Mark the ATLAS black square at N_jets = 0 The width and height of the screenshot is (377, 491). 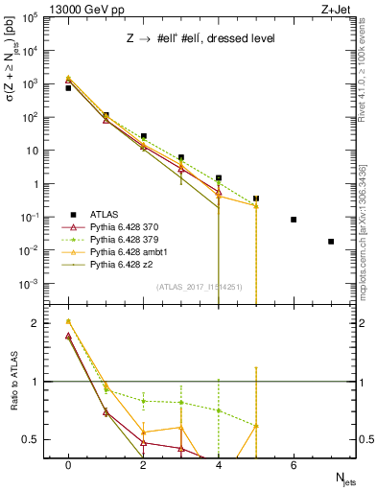[68, 88]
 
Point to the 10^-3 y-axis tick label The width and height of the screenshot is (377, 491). [31, 284]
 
